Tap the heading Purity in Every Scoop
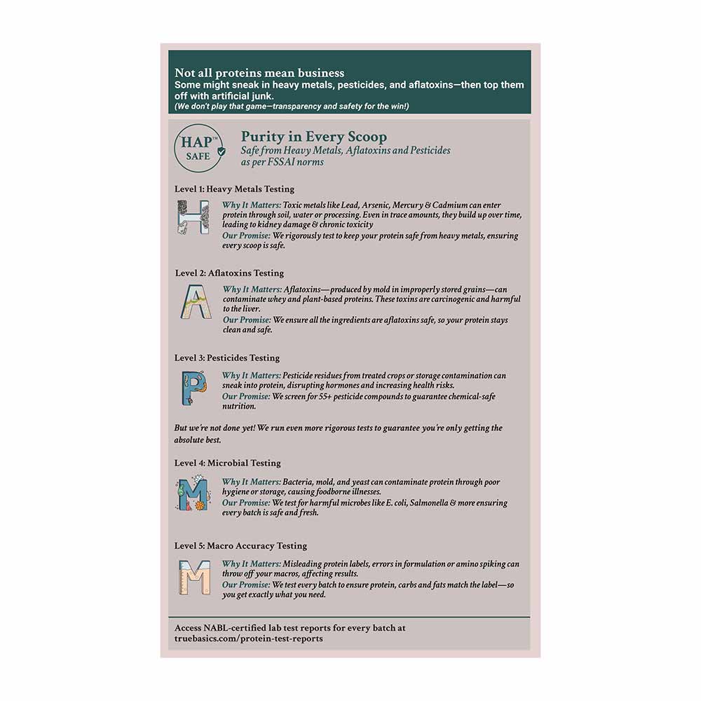[x=313, y=137]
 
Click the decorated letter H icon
[x=193, y=217]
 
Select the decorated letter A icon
[x=192, y=302]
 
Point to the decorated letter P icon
[x=192, y=388]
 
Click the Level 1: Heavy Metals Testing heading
[x=235, y=189]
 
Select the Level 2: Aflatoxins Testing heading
[x=229, y=273]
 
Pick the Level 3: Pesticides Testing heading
[x=227, y=358]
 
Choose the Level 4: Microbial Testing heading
[x=227, y=463]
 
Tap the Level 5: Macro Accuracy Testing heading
[x=240, y=545]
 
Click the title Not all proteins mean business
[x=259, y=73]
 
